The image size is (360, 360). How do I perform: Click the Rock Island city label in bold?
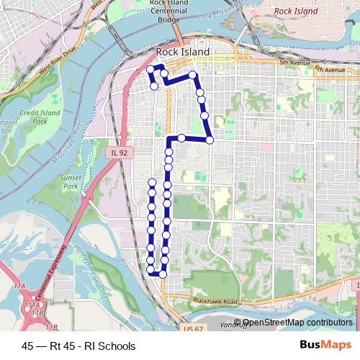184,53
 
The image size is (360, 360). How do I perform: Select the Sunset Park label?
70,181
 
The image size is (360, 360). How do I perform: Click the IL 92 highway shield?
120,153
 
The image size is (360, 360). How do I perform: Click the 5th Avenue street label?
294,63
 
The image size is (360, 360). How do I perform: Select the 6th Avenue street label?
330,70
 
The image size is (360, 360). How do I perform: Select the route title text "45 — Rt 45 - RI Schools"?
78,346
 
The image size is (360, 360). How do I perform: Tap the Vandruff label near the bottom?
256,326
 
